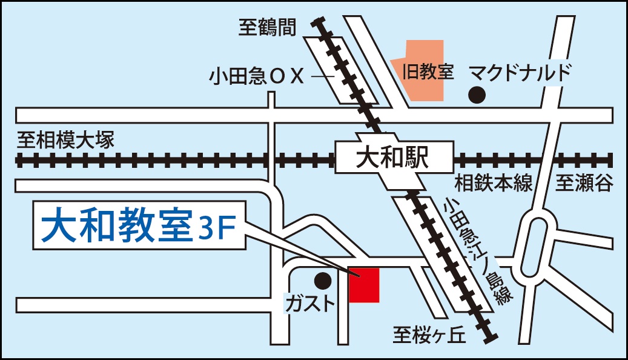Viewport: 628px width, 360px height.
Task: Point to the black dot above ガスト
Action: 323,281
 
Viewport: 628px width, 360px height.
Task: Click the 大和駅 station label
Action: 392,159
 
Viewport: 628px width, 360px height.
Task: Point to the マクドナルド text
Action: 521,73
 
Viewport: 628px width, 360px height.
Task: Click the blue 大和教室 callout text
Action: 115,227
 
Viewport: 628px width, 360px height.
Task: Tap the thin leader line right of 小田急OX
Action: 323,77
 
